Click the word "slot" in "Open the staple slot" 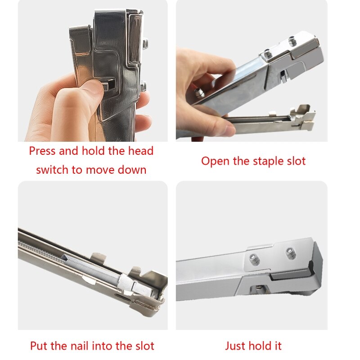tap(295, 161)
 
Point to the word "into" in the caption tap(106, 346)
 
